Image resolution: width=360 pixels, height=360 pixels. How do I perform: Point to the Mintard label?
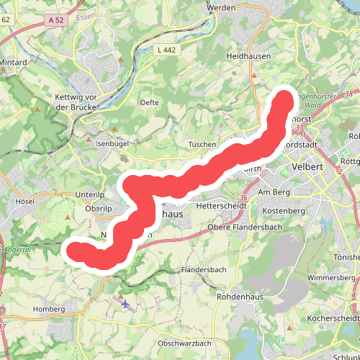click(14, 63)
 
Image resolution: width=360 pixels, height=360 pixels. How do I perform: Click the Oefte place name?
click(149, 102)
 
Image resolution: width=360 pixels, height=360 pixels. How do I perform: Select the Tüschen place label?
click(202, 144)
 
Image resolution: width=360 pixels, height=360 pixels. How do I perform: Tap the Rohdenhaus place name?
click(238, 295)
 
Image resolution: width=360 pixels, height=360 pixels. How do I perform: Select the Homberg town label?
click(49, 309)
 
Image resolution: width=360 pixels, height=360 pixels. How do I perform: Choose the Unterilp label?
click(90, 195)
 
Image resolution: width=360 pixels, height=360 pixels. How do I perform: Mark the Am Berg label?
click(273, 192)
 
